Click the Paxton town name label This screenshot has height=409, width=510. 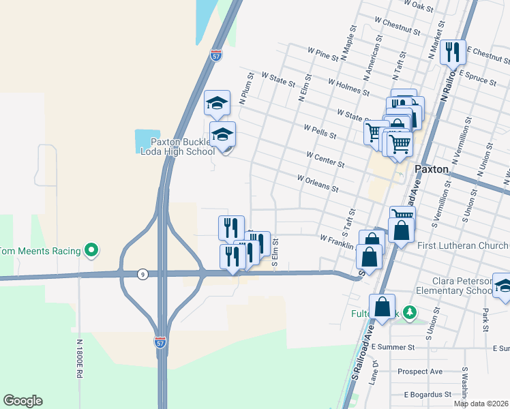431,168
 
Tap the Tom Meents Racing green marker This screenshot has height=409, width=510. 91,250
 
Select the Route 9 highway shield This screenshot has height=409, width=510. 142,274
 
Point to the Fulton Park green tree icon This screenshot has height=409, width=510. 409,313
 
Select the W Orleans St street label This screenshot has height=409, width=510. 318,182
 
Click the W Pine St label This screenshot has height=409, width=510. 323,55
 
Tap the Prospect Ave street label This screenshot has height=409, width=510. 420,372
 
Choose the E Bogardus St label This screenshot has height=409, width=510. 427,394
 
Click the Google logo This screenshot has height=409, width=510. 22,401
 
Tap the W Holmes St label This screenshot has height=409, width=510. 348,87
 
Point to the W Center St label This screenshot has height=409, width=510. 326,160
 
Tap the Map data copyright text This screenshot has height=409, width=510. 481,404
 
